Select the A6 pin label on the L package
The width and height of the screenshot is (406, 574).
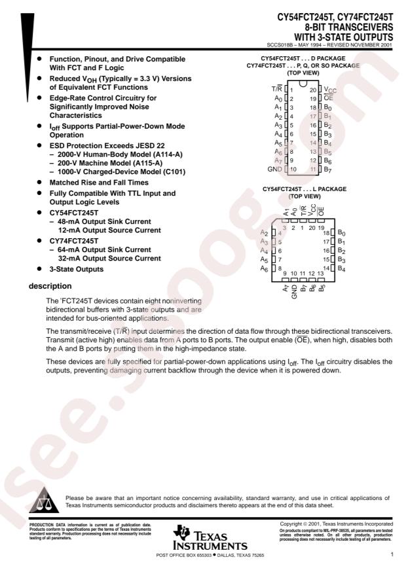(265, 268)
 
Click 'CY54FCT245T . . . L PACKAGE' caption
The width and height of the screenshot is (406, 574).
(302, 189)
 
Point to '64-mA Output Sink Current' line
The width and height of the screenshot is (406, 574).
(104, 249)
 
